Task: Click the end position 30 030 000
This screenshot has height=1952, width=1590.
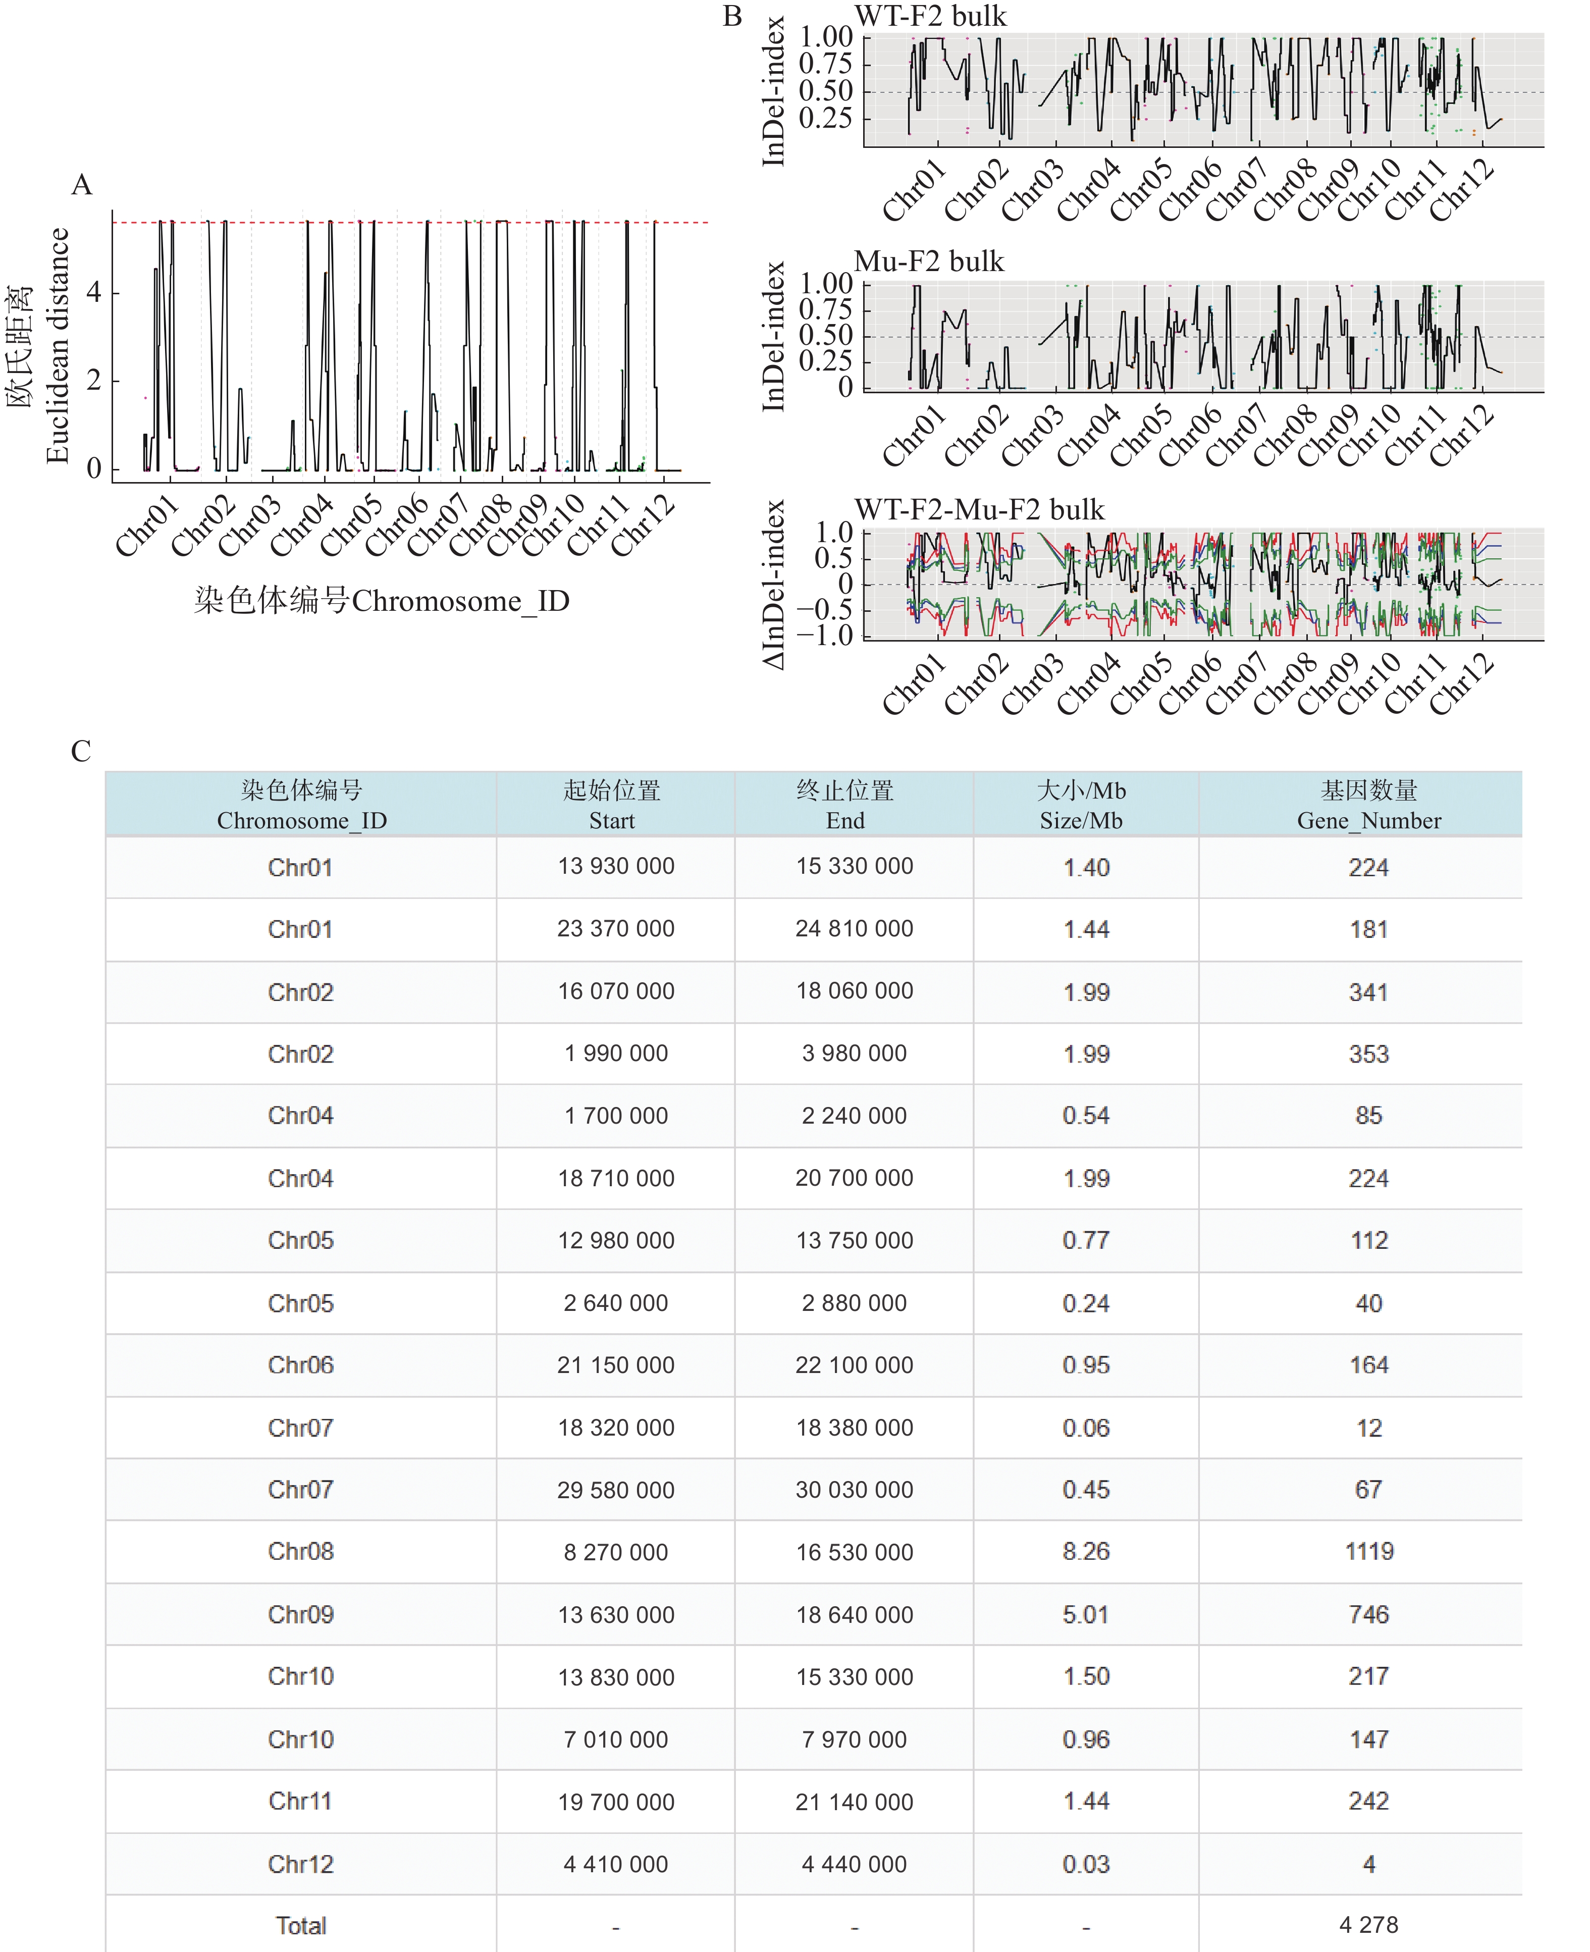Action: point(854,1490)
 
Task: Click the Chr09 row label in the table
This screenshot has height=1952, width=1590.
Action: point(300,1614)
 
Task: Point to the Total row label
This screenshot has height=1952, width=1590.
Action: point(300,1925)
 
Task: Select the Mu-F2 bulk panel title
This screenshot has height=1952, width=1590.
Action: point(929,262)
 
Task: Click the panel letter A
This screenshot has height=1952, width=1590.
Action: point(81,185)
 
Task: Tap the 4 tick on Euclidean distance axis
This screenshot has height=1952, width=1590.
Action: point(93,293)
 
